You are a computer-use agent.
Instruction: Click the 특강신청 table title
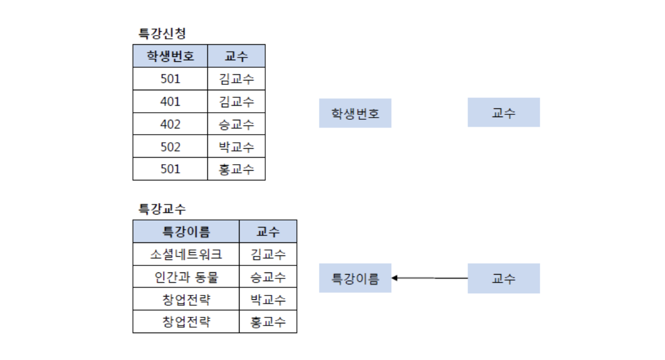[x=162, y=33]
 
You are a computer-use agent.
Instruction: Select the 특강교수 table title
[x=162, y=208]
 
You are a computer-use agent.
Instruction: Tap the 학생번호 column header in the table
[x=170, y=56]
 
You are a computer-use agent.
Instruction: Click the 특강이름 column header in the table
[x=186, y=231]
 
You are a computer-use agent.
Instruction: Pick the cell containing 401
[x=170, y=102]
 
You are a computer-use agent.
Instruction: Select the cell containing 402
[x=170, y=124]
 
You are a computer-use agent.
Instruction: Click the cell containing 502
[x=170, y=147]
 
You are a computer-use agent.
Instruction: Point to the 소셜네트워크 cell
[x=186, y=254]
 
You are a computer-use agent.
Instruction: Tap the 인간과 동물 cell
[x=186, y=277]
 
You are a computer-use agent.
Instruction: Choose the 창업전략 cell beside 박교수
[x=186, y=299]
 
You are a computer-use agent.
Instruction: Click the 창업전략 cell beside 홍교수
[x=186, y=322]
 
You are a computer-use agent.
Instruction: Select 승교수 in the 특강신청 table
[x=236, y=124]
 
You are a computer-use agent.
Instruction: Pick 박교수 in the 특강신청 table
[x=236, y=147]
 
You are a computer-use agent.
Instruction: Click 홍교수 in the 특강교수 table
[x=268, y=322]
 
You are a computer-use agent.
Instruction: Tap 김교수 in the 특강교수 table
[x=268, y=254]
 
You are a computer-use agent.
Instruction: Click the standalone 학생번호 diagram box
[x=355, y=113]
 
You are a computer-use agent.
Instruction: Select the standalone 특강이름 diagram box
[x=355, y=278]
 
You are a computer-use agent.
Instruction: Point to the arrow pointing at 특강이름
[x=429, y=278]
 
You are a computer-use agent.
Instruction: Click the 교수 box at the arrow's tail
[x=503, y=278]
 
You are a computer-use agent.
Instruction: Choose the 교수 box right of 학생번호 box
[x=503, y=113]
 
